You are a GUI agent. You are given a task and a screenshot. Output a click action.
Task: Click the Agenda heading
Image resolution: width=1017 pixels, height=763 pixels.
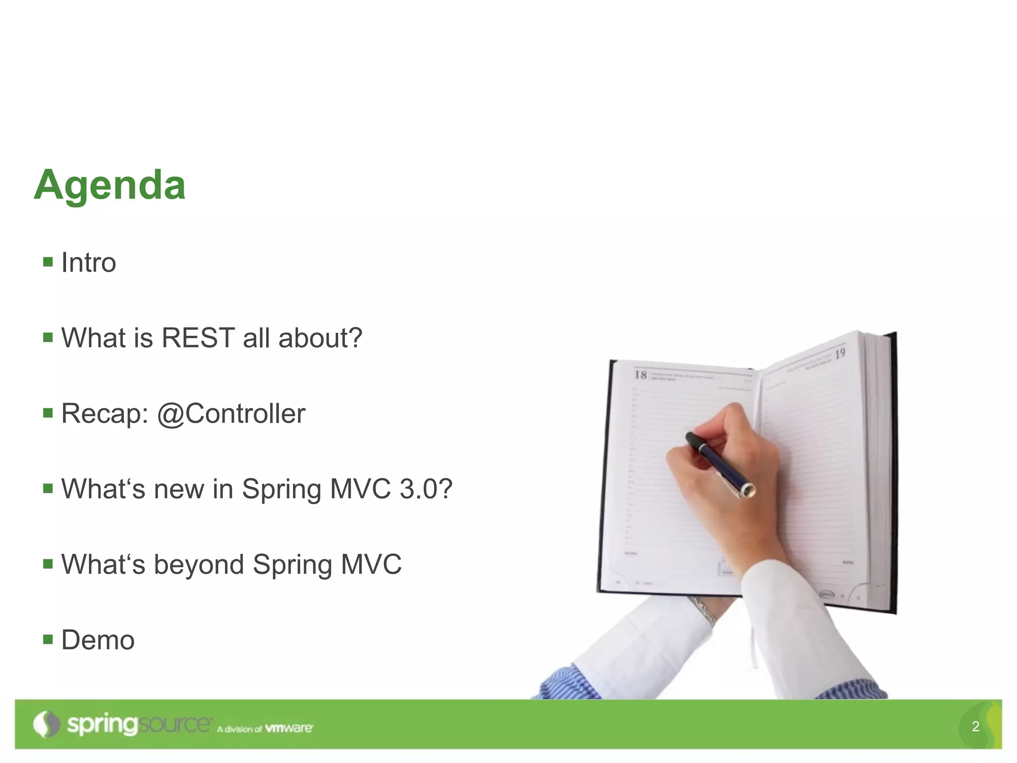[110, 185]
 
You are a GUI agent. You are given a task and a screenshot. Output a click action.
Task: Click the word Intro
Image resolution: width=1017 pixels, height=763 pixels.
[88, 262]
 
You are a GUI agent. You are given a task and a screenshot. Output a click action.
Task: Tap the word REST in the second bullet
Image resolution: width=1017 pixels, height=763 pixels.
[198, 338]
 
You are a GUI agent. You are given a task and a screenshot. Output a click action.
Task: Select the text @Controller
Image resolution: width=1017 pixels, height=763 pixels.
[231, 414]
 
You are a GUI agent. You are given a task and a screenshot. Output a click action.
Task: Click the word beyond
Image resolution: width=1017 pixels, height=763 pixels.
[199, 565]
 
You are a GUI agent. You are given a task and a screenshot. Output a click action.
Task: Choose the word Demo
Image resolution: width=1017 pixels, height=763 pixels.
[98, 640]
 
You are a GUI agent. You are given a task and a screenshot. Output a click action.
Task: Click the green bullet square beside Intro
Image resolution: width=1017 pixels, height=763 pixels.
[48, 262]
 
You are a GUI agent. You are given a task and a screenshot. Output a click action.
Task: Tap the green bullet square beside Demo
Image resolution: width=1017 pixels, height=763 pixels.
[48, 639]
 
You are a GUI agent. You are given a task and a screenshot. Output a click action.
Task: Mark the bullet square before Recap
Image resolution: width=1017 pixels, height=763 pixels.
[48, 413]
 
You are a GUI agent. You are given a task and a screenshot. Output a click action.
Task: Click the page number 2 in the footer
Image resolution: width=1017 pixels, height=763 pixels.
[975, 726]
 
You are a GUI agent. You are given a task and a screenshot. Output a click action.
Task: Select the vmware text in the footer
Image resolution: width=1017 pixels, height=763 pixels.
[289, 728]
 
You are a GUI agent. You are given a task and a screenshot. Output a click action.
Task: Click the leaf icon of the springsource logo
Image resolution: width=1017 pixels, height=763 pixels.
[46, 724]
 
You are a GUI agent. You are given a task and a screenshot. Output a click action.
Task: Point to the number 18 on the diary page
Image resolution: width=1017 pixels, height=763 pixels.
[641, 375]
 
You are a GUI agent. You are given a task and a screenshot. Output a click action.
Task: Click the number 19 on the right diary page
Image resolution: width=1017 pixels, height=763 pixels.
[840, 354]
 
